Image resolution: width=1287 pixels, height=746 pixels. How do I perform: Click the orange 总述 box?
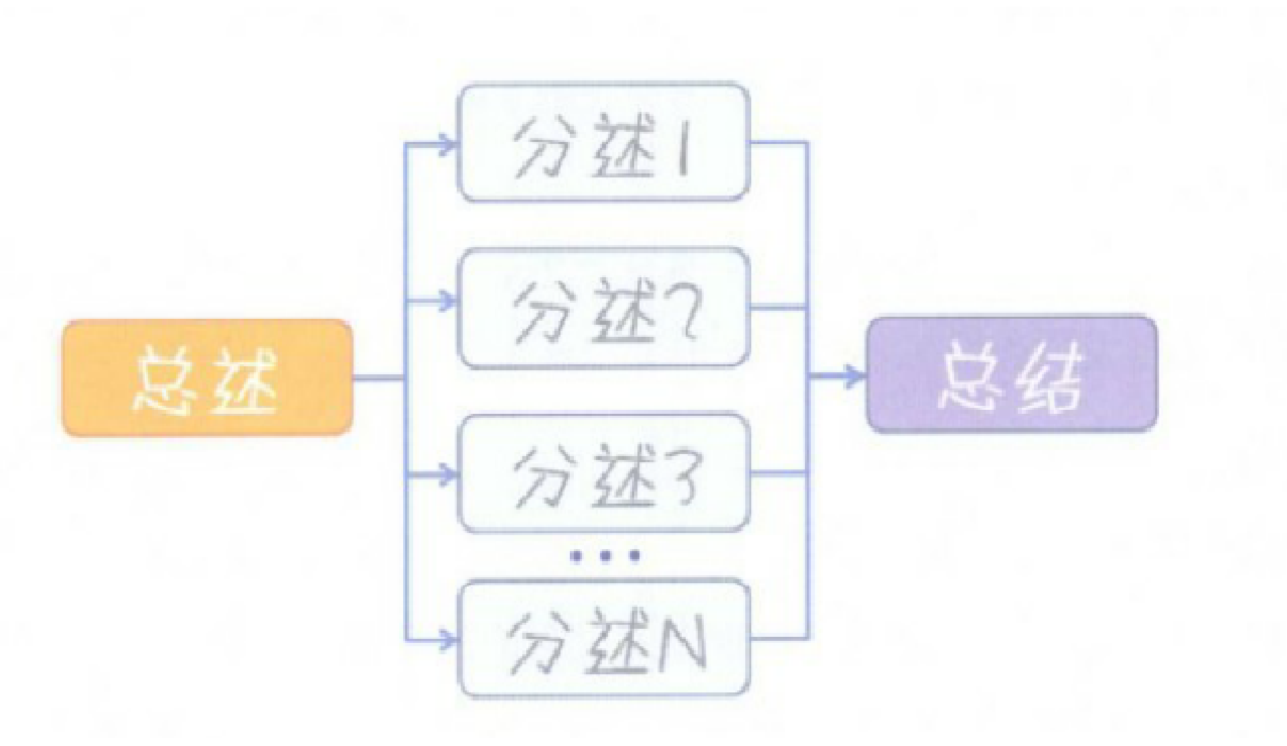[208, 378]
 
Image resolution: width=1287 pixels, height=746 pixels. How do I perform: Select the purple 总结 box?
[1012, 373]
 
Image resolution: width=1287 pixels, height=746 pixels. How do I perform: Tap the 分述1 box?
[603, 142]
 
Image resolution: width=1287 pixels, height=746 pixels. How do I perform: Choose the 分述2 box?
[603, 307]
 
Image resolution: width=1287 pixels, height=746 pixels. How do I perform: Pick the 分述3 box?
[603, 473]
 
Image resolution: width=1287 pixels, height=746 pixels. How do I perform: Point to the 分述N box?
[603, 639]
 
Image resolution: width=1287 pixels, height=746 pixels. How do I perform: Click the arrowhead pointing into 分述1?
[447, 143]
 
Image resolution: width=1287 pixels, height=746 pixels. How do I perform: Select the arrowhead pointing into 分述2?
[447, 301]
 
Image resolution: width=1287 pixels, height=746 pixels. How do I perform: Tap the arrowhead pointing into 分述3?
[447, 475]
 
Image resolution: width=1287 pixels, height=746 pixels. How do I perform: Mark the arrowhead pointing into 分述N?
[447, 640]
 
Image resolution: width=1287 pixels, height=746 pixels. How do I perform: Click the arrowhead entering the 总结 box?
[854, 375]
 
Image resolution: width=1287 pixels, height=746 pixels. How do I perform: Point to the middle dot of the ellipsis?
[605, 555]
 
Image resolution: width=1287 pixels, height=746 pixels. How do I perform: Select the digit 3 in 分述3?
[683, 477]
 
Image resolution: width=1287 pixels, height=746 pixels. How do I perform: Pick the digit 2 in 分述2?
[683, 311]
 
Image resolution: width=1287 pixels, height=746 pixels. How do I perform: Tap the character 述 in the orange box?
[244, 382]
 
